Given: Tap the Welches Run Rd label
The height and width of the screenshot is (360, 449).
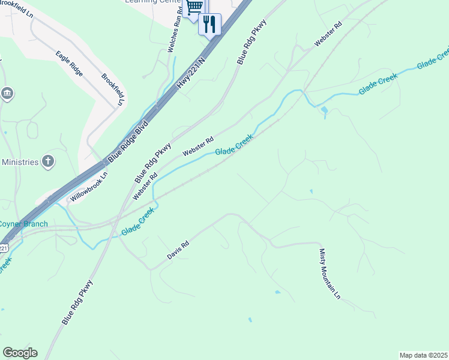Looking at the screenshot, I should coord(178,23).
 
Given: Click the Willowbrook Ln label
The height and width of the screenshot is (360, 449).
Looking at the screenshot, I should coord(88,188).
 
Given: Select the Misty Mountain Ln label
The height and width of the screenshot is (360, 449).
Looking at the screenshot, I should coord(330,274).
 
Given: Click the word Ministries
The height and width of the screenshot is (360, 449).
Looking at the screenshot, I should coord(20,162).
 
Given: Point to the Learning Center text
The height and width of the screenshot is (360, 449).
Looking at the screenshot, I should coord(152,1).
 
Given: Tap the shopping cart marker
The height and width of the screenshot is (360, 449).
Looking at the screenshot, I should coord(194,7).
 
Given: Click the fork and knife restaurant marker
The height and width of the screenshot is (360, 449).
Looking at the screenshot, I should coord(209,24).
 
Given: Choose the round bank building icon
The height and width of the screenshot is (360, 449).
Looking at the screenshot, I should coord(7,93).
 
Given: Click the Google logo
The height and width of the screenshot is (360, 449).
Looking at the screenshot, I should coord(20,353).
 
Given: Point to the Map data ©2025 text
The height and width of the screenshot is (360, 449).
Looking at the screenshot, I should coord(423,355).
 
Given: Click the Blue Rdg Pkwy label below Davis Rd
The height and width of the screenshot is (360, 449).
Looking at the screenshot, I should coord(77,303).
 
